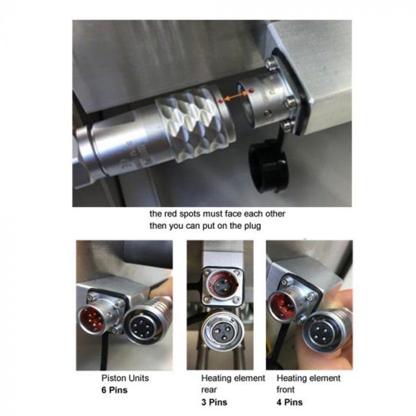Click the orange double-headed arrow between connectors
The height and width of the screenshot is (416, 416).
(x=235, y=96)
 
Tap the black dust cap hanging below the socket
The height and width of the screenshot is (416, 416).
(x=269, y=165)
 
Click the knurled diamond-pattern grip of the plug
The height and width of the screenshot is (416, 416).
(x=195, y=125)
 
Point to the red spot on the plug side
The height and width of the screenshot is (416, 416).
(x=220, y=101)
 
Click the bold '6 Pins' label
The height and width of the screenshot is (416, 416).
(x=114, y=390)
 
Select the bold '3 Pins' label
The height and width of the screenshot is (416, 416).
(x=214, y=402)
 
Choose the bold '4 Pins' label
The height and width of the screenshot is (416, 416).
(x=289, y=402)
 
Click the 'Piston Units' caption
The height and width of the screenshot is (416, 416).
(x=125, y=378)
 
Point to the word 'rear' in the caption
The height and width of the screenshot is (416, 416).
(x=209, y=390)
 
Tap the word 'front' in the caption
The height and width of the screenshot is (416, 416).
(x=285, y=390)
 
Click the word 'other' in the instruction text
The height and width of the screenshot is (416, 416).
(x=275, y=214)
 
